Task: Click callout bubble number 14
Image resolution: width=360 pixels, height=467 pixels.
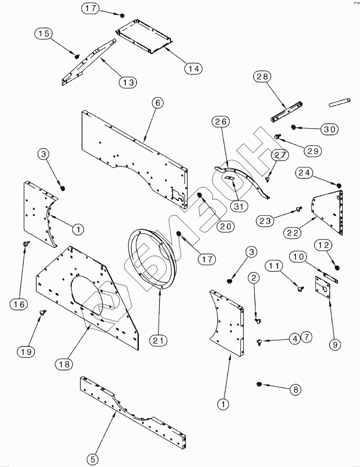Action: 193,68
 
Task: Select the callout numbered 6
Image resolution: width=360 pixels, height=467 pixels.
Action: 157,103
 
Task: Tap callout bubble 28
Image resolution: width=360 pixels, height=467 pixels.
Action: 264,76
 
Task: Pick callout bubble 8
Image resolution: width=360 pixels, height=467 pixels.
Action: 295,389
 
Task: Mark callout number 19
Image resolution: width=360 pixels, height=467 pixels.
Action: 28,352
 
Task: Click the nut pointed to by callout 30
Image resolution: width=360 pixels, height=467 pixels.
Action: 293,127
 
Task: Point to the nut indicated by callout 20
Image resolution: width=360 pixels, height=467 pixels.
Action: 201,195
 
